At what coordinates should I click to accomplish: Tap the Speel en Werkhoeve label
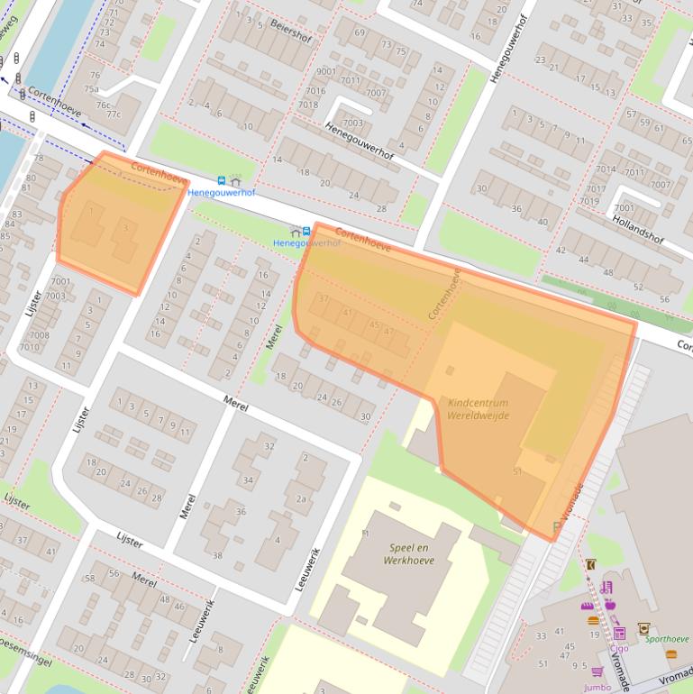click(412, 553)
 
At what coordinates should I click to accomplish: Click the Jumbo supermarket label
click(597, 687)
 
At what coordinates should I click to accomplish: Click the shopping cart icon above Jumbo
click(597, 671)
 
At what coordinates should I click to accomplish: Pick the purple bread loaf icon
click(588, 606)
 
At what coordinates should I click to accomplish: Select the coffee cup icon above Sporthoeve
click(643, 627)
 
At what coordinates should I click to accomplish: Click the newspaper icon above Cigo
click(619, 633)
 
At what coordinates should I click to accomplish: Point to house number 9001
click(325, 71)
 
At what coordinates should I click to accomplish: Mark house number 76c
click(92, 105)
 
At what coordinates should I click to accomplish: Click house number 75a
click(91, 88)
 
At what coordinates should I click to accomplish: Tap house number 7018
click(308, 104)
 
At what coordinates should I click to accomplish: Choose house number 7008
click(39, 334)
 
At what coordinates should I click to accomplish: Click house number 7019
click(591, 201)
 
